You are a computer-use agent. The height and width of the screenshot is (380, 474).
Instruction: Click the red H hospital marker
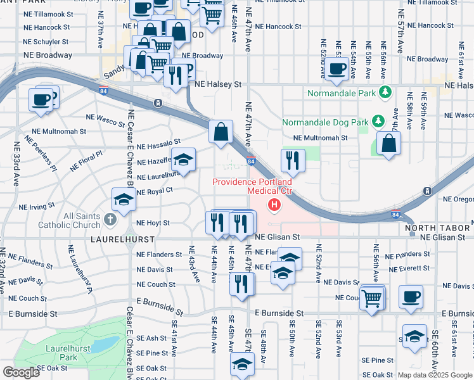(274, 204)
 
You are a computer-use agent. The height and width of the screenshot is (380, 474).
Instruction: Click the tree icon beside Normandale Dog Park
(378, 120)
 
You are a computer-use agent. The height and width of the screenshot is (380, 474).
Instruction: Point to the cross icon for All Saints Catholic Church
(110, 220)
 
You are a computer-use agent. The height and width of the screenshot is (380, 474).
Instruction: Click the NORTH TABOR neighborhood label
(437, 227)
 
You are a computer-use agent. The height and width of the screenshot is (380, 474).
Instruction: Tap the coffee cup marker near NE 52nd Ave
(336, 69)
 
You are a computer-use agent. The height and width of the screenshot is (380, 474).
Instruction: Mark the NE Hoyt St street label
(153, 223)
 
